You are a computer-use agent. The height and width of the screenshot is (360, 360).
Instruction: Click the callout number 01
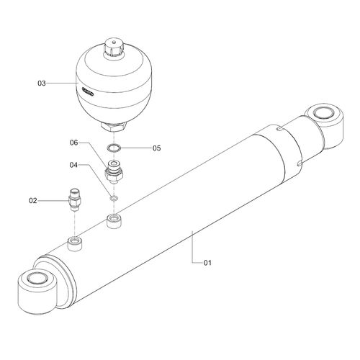click(207, 263)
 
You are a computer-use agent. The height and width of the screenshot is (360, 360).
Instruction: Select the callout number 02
click(33, 200)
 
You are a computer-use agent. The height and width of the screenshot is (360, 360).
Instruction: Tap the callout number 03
click(42, 84)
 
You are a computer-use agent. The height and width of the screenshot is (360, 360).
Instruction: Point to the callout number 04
click(73, 165)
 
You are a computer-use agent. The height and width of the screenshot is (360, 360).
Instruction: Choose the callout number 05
click(157, 148)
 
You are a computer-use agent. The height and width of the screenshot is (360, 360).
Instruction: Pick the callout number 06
click(74, 143)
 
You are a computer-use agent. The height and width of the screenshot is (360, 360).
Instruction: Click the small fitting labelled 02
click(75, 199)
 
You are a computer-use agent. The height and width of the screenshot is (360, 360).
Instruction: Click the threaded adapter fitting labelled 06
click(114, 172)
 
